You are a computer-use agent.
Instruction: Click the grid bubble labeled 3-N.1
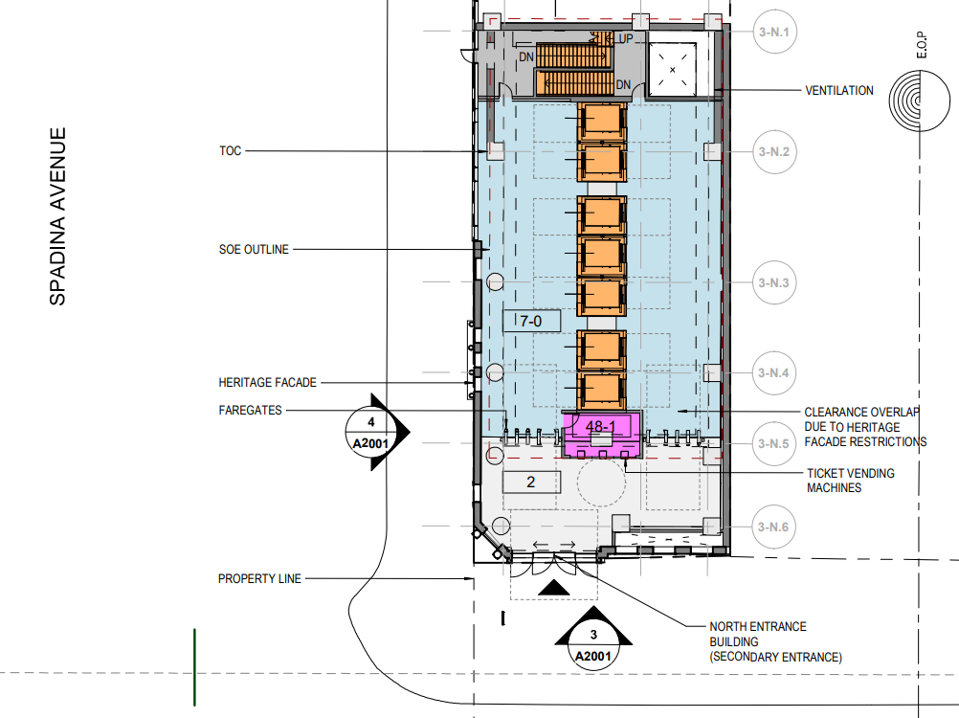(x=774, y=32)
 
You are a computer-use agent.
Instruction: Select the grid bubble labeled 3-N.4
(x=773, y=373)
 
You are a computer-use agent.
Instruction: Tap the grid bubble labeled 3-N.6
(x=773, y=527)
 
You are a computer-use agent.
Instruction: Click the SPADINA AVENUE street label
(x=57, y=216)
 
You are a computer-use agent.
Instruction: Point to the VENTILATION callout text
(x=839, y=91)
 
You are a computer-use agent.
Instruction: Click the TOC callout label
(x=231, y=151)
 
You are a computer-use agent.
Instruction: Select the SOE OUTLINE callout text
(x=254, y=250)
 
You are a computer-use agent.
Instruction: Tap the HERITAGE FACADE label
(x=267, y=383)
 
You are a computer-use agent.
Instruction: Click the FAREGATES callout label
(x=250, y=411)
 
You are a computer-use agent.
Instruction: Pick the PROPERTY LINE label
(x=259, y=578)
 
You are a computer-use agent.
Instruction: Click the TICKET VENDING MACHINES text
(x=850, y=481)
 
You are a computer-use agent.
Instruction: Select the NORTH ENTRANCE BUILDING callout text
(x=775, y=641)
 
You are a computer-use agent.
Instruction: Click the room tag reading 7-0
(x=532, y=321)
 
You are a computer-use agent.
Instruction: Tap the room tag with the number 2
(x=531, y=482)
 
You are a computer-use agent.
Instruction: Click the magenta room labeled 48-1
(x=602, y=435)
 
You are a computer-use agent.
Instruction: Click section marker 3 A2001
(x=593, y=640)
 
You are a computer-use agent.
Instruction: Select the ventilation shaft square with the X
(x=672, y=69)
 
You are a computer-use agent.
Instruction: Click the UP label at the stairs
(x=624, y=38)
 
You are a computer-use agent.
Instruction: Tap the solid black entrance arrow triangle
(x=554, y=588)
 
